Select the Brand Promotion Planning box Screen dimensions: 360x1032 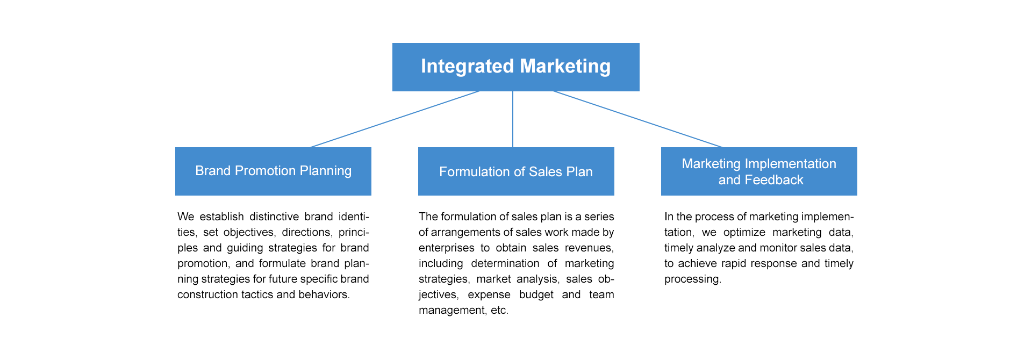tap(273, 171)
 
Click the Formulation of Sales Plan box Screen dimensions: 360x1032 tap(516, 171)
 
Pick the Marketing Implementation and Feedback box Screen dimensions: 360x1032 tap(759, 171)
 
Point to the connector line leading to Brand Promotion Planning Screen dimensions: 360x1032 tap(394, 119)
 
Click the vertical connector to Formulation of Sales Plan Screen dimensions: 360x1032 tap(513, 119)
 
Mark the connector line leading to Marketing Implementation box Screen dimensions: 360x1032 tap(638, 119)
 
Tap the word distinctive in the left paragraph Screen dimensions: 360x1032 tap(274, 217)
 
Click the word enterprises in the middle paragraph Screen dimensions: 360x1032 tap(447, 248)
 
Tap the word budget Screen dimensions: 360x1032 tap(536, 294)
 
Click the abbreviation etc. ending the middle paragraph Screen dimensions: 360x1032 tap(499, 310)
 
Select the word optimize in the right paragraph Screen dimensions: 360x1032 tap(744, 232)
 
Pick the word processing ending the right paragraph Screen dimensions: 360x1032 tap(692, 279)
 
